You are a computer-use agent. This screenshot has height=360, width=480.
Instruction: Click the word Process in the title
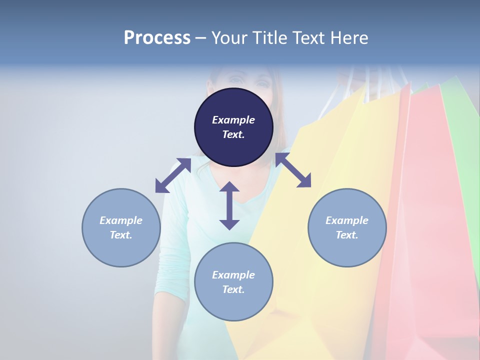(157, 37)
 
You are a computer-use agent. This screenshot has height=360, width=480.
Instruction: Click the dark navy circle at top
(233, 127)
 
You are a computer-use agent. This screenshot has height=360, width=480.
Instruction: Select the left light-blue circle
(121, 227)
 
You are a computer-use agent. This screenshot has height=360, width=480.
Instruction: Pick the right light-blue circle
(347, 227)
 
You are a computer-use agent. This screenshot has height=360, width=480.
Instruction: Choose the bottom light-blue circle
(233, 282)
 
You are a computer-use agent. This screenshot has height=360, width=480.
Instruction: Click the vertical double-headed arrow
(229, 205)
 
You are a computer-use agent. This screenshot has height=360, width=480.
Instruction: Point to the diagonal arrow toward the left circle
(173, 175)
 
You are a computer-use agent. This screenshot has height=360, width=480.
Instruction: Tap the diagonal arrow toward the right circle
(293, 170)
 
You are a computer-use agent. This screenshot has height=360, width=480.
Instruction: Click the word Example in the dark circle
(233, 120)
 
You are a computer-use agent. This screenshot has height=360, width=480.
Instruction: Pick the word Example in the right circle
(347, 220)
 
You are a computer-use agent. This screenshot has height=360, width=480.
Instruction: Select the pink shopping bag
(430, 225)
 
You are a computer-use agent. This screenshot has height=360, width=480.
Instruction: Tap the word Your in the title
(230, 37)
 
